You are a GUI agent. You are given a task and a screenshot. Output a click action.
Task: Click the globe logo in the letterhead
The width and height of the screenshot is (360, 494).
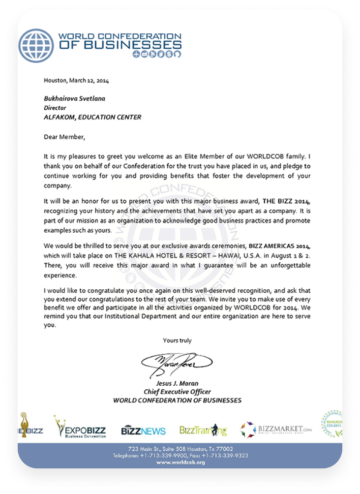(x=36, y=45)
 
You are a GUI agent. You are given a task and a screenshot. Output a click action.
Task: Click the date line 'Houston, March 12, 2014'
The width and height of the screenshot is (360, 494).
(x=76, y=80)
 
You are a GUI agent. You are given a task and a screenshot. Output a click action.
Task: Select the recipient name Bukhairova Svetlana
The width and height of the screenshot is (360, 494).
(x=74, y=98)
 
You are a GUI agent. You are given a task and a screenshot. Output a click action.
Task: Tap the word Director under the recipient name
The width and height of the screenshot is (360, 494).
(x=55, y=108)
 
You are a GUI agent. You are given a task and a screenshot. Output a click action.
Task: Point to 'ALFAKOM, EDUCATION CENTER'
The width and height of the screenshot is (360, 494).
(x=92, y=117)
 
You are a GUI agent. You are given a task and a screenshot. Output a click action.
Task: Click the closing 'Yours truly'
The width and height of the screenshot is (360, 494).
(x=177, y=340)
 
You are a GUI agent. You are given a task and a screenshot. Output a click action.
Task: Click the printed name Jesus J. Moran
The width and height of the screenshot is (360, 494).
(x=177, y=383)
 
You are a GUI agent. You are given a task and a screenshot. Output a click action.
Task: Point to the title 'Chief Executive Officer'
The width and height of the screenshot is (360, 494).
(x=177, y=392)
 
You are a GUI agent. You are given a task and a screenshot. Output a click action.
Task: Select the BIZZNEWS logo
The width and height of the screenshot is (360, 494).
(x=143, y=431)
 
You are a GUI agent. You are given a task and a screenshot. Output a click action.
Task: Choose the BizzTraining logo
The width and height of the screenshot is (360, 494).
(x=203, y=431)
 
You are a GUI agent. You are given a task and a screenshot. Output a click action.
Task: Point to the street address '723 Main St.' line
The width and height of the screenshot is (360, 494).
(x=180, y=449)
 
